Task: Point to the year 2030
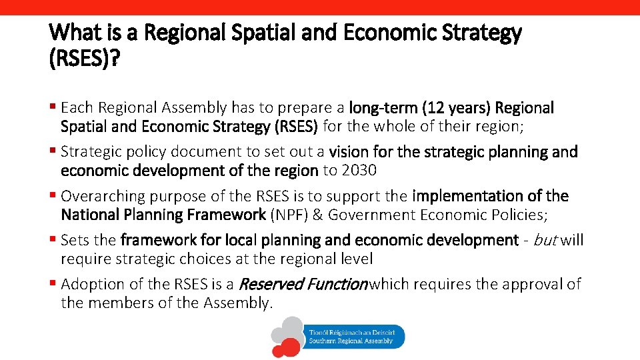pyautogui.click(x=359, y=170)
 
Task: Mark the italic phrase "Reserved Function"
pyautogui.click(x=303, y=284)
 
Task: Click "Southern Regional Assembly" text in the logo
pyautogui.click(x=351, y=341)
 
